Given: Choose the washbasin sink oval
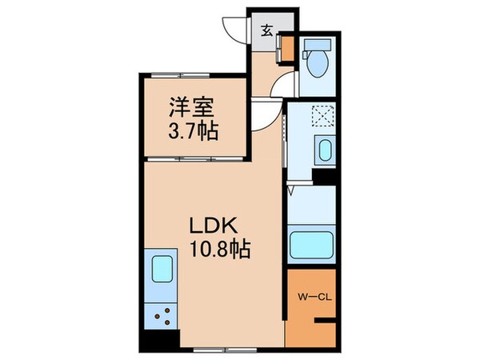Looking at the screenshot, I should [x=323, y=150].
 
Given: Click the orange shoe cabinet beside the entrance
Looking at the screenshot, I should [x=287, y=49].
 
